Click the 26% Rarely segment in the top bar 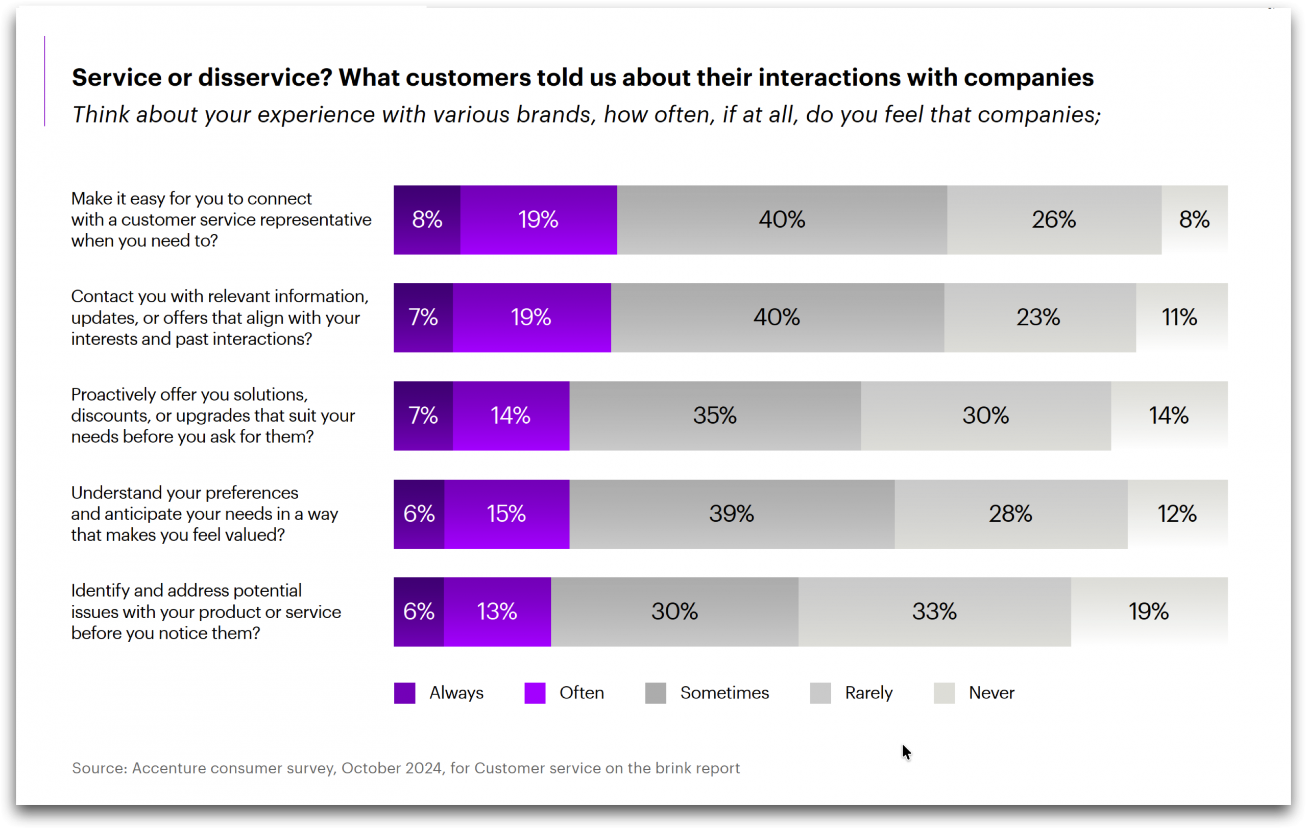[x=1054, y=220]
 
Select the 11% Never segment [x=1181, y=318]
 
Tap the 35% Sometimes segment [x=715, y=416]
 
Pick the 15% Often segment [x=506, y=514]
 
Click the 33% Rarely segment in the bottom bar [x=934, y=612]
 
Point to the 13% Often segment [x=497, y=612]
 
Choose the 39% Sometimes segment [x=732, y=514]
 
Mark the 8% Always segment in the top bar [x=427, y=220]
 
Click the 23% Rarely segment [x=1039, y=318]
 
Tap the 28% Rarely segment [x=1011, y=514]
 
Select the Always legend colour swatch [x=405, y=693]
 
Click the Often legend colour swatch [x=535, y=693]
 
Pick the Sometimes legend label [x=724, y=693]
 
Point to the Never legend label [x=991, y=693]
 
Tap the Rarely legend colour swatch [x=820, y=693]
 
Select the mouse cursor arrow [x=906, y=752]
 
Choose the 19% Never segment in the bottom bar [x=1149, y=612]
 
